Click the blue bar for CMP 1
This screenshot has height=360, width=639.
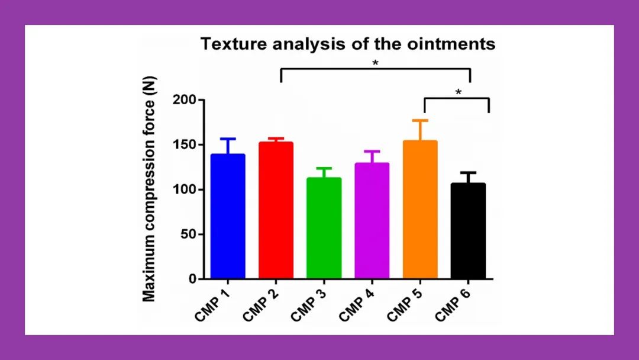click(x=228, y=216)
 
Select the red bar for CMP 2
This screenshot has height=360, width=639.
click(x=276, y=210)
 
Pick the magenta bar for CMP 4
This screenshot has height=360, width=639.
click(x=372, y=221)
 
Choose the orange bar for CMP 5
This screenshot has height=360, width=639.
click(x=420, y=210)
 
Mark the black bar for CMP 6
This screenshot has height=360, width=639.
click(x=468, y=231)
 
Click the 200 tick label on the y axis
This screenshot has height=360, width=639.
click(x=185, y=100)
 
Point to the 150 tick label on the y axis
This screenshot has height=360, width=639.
click(x=185, y=145)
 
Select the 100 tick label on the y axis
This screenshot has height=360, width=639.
click(x=185, y=189)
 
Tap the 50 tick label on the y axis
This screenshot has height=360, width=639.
click(x=188, y=234)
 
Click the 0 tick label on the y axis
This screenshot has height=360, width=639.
click(x=192, y=279)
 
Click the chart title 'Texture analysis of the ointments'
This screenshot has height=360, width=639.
click(x=348, y=44)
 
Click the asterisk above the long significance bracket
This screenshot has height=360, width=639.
click(x=376, y=63)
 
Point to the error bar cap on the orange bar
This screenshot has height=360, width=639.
click(x=420, y=120)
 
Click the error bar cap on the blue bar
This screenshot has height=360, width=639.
click(x=228, y=139)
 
